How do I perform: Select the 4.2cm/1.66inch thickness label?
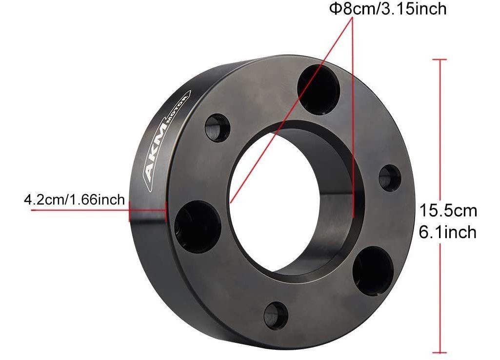pyautogui.click(x=74, y=200)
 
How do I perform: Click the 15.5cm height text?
pyautogui.click(x=448, y=211)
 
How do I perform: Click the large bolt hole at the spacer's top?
pyautogui.click(x=318, y=89)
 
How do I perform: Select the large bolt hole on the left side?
pyautogui.click(x=198, y=226)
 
